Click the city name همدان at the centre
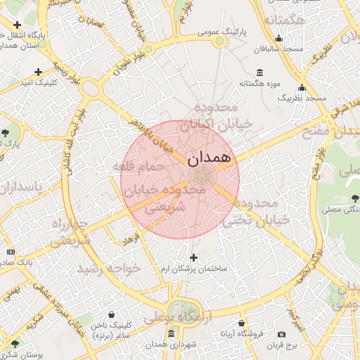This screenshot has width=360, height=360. pyautogui.click(x=210, y=158)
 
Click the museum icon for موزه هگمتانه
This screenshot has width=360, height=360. pyautogui.click(x=260, y=73)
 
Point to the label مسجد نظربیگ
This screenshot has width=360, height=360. pyautogui.click(x=302, y=98)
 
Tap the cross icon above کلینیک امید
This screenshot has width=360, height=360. pyautogui.click(x=38, y=72)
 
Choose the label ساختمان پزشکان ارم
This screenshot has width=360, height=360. pyautogui.click(x=193, y=269)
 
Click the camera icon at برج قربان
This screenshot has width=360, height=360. pyautogui.click(x=282, y=334)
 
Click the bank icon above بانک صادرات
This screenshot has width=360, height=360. pyautogui.click(x=11, y=251)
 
